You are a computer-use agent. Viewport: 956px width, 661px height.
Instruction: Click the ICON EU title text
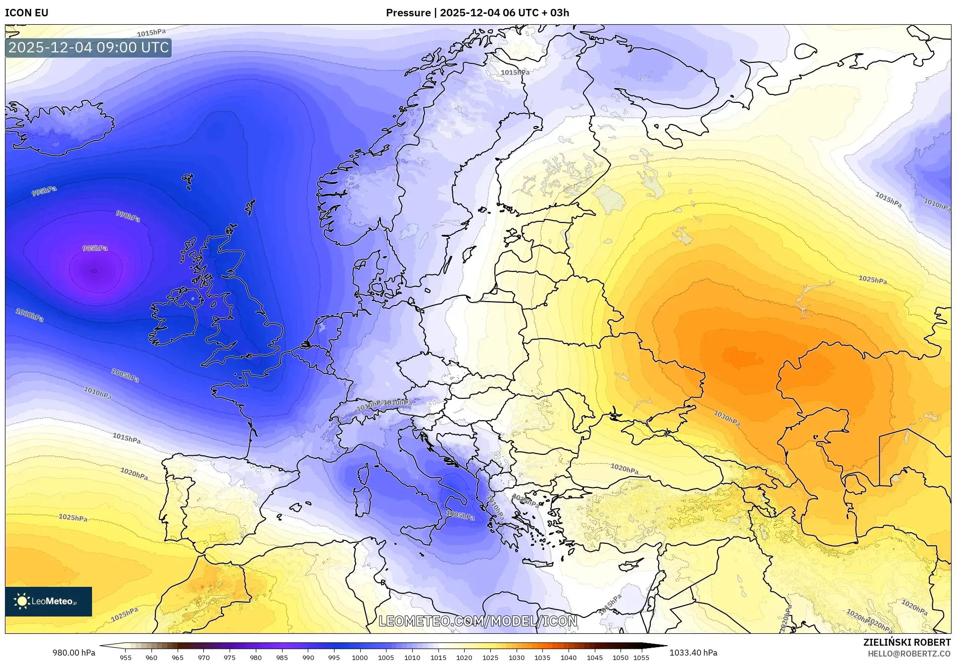[27, 12]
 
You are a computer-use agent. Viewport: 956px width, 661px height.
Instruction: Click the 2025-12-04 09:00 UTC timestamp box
[89, 47]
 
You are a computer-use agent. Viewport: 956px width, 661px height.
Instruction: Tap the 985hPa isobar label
[95, 248]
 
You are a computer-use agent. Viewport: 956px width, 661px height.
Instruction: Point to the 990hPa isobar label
[128, 216]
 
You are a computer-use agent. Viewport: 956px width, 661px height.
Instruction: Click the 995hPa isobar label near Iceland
[44, 191]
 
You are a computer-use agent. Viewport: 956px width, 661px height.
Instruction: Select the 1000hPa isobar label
[30, 315]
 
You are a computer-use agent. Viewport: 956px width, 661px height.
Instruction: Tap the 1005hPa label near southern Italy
[460, 515]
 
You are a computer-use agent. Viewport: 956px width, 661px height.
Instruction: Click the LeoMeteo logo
[48, 601]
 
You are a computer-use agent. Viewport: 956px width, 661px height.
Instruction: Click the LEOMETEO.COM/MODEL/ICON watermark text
[478, 621]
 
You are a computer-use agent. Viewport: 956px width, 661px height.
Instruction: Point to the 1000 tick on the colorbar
[360, 658]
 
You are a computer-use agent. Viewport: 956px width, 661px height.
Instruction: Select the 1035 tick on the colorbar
[542, 658]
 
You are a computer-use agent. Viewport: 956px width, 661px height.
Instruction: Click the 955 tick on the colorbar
[126, 658]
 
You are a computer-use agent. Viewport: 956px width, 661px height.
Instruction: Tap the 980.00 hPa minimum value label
[74, 653]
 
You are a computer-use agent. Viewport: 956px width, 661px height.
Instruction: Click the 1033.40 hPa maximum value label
[693, 653]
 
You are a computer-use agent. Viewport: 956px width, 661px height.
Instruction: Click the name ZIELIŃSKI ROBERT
[907, 643]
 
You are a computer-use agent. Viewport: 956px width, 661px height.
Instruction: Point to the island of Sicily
[420, 534]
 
